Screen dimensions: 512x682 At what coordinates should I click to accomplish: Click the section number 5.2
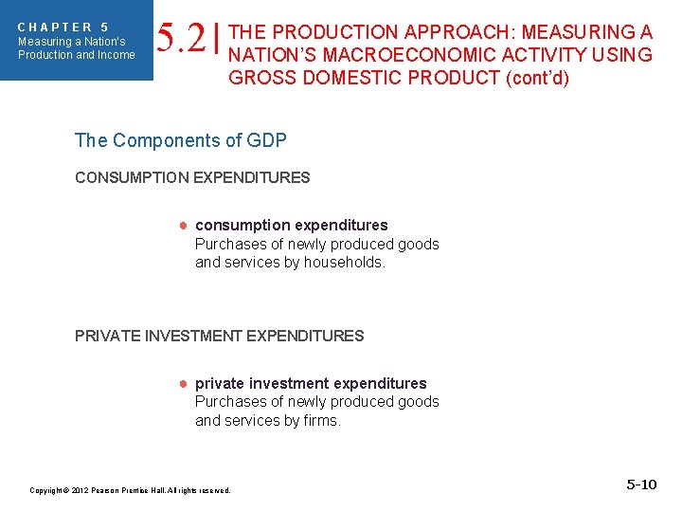pos(181,39)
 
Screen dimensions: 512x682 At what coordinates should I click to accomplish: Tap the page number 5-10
pos(641,485)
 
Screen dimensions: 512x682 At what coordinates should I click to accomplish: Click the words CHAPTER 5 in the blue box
pos(63,27)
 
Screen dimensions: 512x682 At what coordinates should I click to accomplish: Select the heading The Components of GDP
pos(180,140)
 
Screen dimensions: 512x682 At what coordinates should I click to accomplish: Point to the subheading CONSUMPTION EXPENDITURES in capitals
pos(192,177)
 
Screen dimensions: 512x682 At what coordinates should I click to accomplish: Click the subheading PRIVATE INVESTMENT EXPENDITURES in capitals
pos(219,336)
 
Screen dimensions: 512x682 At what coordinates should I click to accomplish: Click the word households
pos(346,263)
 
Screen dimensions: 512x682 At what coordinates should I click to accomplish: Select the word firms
pos(318,420)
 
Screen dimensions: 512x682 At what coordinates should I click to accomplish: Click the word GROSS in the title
pos(260,78)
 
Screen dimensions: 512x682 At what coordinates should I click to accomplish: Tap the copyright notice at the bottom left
pos(130,490)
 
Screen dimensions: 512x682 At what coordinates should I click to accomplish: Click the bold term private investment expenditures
pos(311,384)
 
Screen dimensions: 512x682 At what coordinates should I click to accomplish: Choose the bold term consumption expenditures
pos(291,226)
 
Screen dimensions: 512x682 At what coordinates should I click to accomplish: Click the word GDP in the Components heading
pos(265,140)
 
